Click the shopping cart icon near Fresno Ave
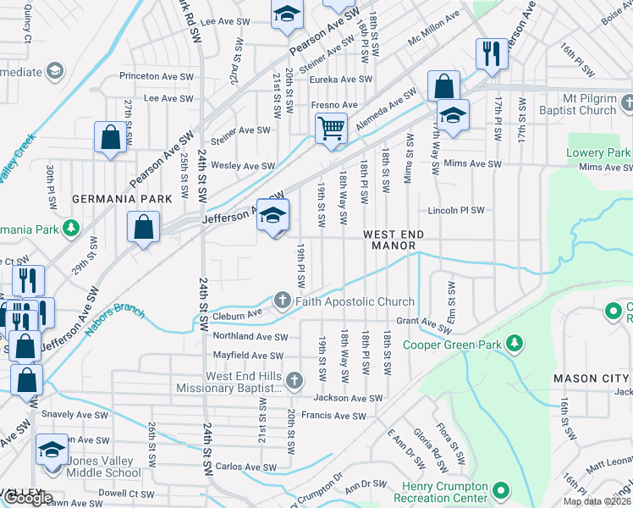[x=331, y=130]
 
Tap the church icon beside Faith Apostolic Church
[x=282, y=301]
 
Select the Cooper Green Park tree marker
[x=513, y=344]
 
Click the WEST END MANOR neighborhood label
[x=390, y=240]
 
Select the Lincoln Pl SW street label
[x=455, y=210]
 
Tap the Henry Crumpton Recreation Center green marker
[x=501, y=490]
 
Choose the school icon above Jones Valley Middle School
[x=52, y=449]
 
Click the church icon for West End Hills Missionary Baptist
[x=294, y=380]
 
